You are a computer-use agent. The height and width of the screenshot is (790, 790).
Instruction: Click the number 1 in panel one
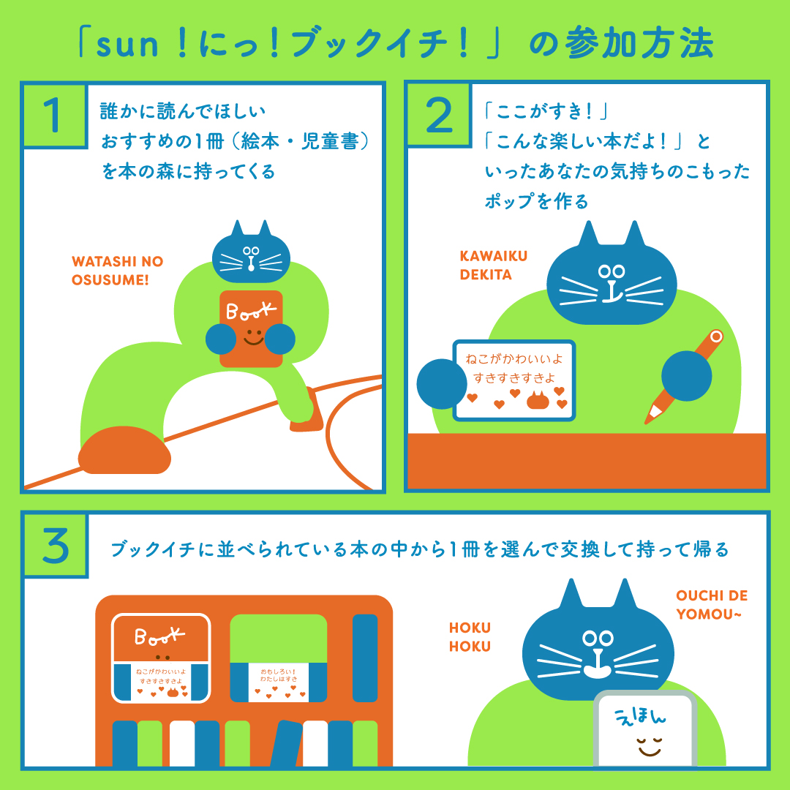52,116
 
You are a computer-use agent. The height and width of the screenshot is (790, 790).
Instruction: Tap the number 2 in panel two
440,116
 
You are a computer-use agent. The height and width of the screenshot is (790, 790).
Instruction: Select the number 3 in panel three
56,546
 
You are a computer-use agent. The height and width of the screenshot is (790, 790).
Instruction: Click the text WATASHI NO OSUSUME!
117,271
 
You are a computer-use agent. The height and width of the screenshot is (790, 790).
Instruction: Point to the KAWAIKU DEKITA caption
493,265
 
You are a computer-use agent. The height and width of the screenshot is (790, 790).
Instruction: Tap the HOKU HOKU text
470,637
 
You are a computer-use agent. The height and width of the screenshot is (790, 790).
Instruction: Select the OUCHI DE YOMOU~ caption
712,605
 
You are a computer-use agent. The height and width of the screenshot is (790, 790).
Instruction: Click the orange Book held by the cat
251,328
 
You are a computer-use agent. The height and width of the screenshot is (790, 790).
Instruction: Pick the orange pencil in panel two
684,377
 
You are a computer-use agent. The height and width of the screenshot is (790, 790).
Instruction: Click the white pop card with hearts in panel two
514,380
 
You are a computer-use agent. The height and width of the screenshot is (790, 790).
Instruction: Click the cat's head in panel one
251,253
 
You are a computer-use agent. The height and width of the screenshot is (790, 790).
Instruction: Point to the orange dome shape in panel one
124,450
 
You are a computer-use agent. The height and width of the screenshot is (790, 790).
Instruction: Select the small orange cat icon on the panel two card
538,400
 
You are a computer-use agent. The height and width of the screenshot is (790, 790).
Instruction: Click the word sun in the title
127,45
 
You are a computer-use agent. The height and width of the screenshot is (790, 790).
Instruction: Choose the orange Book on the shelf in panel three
161,658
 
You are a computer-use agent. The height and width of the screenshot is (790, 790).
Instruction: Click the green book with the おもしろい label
279,658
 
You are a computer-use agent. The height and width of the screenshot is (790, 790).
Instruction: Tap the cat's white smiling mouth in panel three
598,668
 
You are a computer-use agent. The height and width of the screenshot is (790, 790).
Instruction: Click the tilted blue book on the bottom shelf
286,744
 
